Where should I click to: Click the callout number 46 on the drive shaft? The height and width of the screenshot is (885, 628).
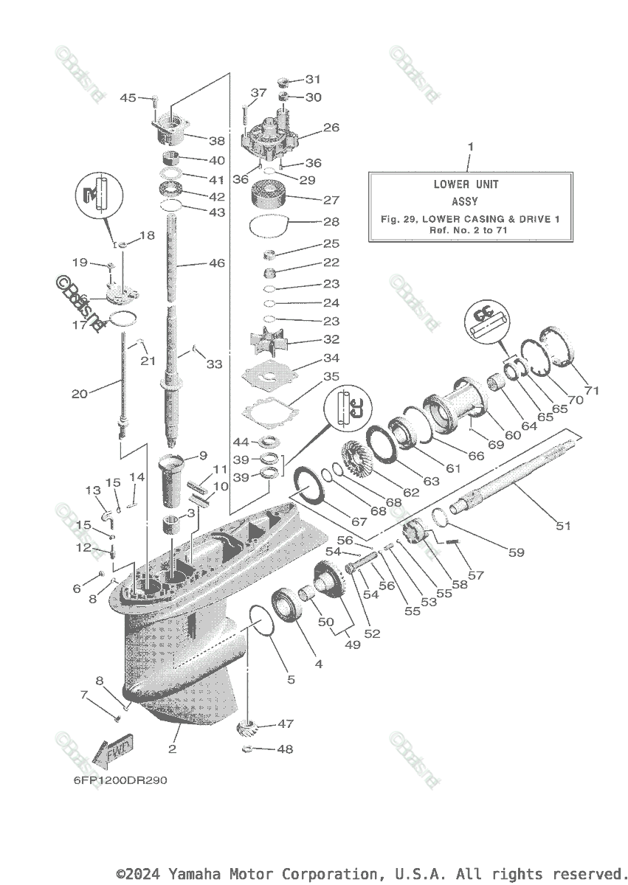click(x=216, y=263)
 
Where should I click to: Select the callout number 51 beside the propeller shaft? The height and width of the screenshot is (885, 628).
click(x=563, y=526)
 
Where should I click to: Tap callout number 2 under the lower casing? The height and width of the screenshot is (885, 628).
click(x=173, y=749)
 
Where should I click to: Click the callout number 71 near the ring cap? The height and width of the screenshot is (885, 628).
click(x=593, y=390)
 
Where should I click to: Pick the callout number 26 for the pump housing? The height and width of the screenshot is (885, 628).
click(x=331, y=128)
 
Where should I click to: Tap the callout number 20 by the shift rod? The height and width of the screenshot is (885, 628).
click(x=80, y=394)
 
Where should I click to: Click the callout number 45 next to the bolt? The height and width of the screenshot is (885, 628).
click(x=128, y=97)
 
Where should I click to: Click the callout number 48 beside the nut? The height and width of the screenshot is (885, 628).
click(x=284, y=749)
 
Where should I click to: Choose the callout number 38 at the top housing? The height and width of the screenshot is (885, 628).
click(x=216, y=140)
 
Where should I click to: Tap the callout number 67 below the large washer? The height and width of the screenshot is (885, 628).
click(x=359, y=521)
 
